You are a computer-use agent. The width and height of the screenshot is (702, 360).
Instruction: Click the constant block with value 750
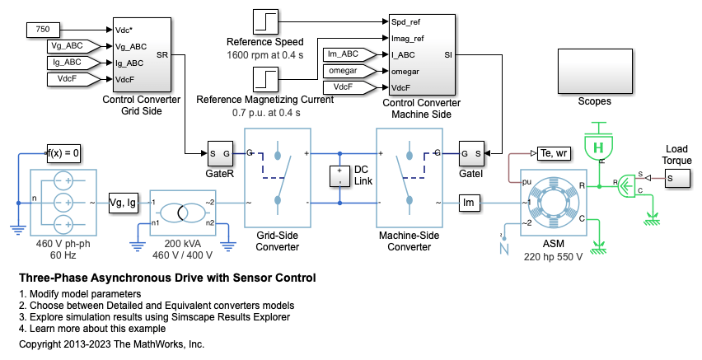43,30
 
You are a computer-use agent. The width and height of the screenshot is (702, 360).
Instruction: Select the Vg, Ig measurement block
127,203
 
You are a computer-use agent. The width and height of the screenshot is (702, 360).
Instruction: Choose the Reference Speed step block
265,21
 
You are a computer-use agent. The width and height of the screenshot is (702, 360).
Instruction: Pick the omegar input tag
349,72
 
